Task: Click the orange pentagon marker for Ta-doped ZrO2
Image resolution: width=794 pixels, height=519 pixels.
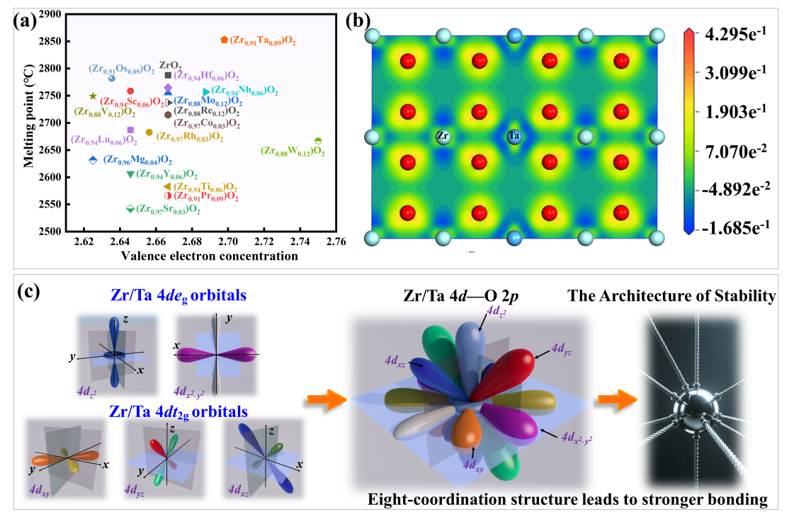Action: (x=224, y=40)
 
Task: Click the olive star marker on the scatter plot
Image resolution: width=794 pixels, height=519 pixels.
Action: (x=93, y=96)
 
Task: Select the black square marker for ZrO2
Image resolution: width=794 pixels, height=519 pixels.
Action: (x=168, y=76)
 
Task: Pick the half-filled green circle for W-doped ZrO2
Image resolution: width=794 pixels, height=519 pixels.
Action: (x=318, y=141)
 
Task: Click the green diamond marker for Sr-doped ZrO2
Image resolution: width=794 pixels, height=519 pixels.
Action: (x=130, y=209)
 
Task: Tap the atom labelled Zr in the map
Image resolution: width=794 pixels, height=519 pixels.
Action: (x=443, y=137)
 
